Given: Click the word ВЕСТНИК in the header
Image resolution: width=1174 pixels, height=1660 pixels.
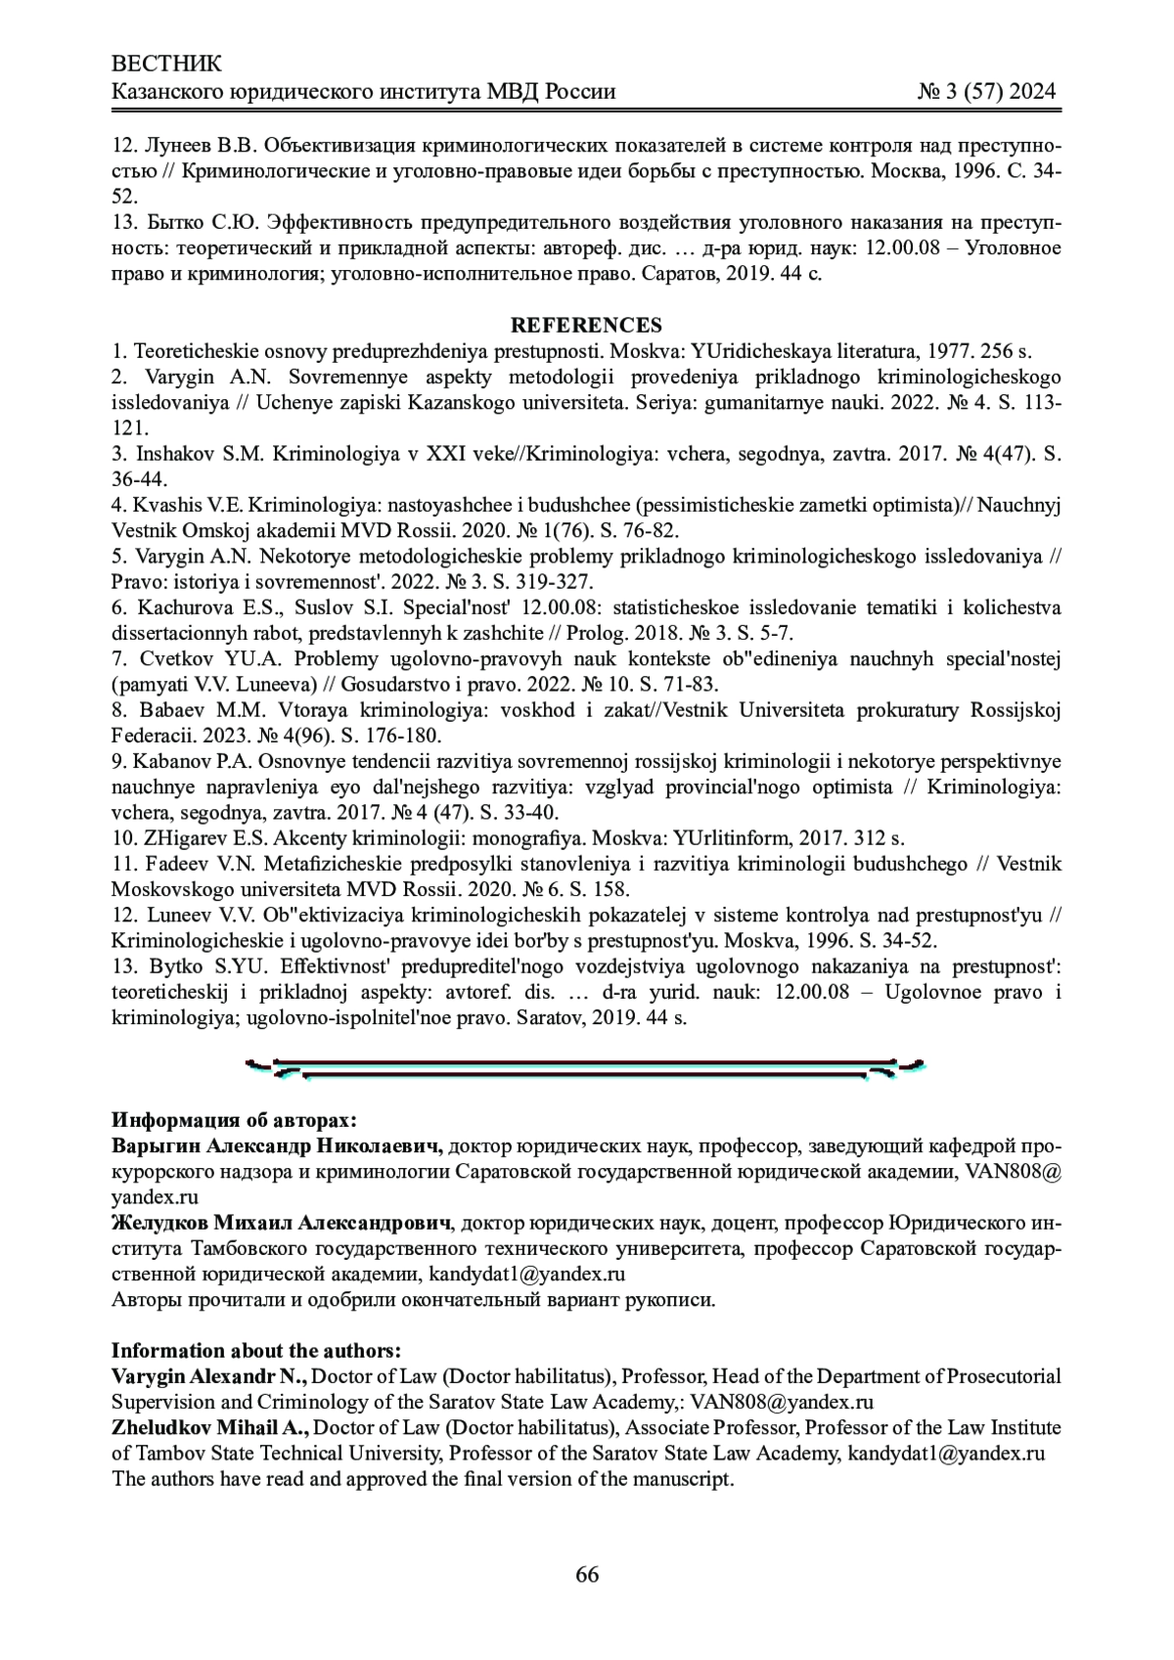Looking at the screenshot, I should coord(167,65).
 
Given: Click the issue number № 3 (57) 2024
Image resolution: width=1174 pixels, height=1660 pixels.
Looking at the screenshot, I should coord(986,92).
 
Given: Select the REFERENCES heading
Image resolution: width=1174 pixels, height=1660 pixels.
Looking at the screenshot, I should coord(586,326).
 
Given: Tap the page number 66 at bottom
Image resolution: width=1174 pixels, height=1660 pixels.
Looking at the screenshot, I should coord(587,1574).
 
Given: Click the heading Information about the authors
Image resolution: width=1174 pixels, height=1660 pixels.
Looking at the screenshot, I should coord(256,1351).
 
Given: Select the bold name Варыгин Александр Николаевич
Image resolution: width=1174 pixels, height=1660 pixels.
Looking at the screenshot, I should coord(278,1145).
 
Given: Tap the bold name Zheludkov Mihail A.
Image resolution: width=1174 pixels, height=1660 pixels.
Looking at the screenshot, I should coord(210,1427).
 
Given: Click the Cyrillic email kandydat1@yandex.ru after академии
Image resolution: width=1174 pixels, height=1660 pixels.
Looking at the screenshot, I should coord(527,1274).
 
